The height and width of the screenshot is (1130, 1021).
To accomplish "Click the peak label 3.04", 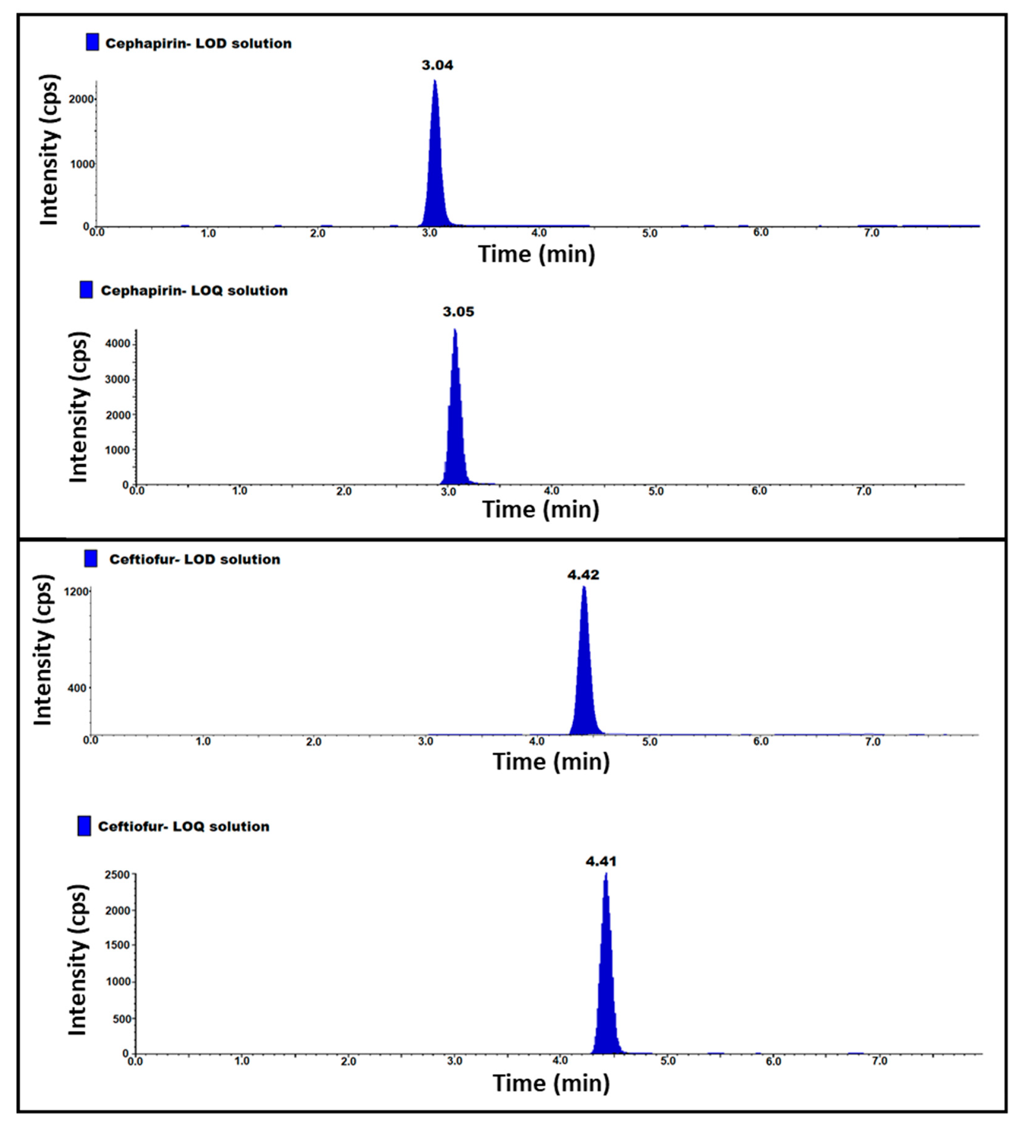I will pyautogui.click(x=437, y=66).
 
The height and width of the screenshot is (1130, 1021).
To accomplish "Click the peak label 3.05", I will pyautogui.click(x=458, y=312).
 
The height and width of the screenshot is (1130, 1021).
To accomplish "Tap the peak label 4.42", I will pyautogui.click(x=583, y=575).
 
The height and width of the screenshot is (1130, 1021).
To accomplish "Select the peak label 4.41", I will pyautogui.click(x=601, y=861).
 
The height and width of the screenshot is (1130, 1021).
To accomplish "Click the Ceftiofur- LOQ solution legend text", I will pyautogui.click(x=183, y=827).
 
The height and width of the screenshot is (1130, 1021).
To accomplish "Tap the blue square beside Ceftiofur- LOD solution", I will pyautogui.click(x=90, y=558).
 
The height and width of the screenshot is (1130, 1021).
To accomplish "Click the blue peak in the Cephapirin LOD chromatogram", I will pyautogui.click(x=435, y=168).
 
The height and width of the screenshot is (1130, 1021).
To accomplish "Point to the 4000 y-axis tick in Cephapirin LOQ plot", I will pyautogui.click(x=118, y=344).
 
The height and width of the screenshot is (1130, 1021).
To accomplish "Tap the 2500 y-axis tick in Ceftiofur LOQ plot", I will pyautogui.click(x=117, y=875).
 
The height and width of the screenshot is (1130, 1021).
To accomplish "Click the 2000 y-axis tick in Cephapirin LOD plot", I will pyautogui.click(x=81, y=99).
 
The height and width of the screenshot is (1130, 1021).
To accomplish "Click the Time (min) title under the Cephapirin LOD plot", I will pyautogui.click(x=536, y=254).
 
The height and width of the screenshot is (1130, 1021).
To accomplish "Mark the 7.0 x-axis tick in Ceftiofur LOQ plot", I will pyautogui.click(x=879, y=1061).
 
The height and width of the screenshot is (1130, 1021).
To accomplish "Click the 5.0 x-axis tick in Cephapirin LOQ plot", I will pyautogui.click(x=656, y=492).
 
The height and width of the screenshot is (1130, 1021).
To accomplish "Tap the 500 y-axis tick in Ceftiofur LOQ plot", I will pyautogui.click(x=121, y=1019).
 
